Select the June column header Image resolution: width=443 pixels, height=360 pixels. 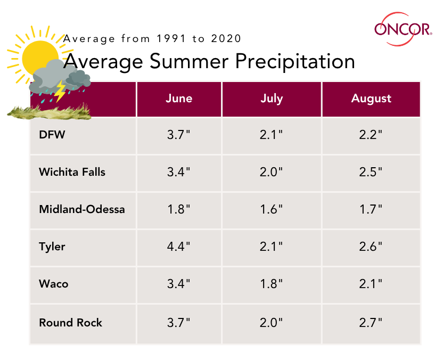179,99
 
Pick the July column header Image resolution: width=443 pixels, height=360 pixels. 272,99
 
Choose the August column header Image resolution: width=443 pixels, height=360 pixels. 371,99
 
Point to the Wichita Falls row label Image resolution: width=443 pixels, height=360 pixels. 72,172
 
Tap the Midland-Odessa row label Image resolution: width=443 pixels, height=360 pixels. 82,209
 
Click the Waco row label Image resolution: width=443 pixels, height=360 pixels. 54,284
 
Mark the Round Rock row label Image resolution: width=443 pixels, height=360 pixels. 70,322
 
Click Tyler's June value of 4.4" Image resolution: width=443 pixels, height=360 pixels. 179,247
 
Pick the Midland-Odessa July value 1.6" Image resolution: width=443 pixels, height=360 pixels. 272,209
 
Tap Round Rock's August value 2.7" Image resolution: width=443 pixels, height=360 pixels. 371,322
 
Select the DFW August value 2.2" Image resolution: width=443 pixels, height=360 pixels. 371,135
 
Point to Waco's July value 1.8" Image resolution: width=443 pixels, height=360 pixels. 272,284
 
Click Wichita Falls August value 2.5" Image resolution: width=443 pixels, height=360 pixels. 371,172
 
